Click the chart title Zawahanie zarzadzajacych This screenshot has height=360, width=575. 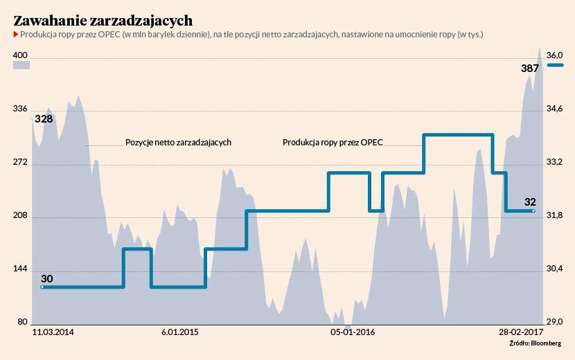coord(103,20)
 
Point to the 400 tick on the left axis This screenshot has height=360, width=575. coord(20,55)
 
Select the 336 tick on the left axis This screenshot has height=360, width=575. coord(20,109)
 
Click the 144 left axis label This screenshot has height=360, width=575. coord(20,269)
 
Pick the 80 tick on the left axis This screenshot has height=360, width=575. coord(22,322)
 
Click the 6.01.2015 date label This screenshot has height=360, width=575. coord(179,333)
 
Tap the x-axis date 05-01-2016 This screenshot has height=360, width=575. coord(353,333)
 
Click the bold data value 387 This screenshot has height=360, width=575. coord(530,69)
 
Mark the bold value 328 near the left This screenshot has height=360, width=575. coord(44,119)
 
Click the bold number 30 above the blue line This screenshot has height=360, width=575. coord(47,279)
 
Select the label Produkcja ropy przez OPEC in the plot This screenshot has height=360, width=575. coord(333,143)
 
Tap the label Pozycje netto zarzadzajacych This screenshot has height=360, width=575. coord(178,142)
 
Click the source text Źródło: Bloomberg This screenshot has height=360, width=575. coord(535,344)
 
